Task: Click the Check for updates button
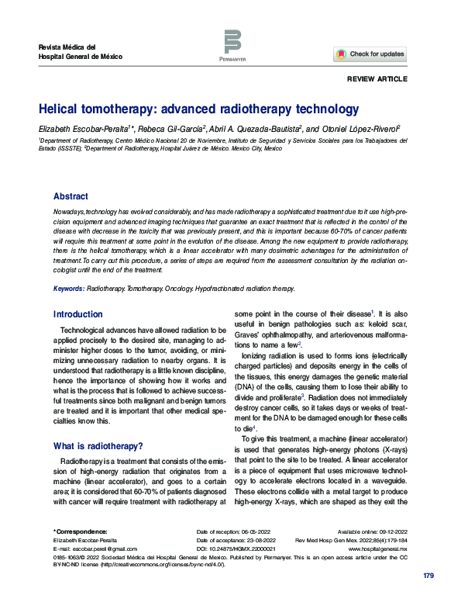click(370, 54)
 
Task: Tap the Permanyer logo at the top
click(232, 45)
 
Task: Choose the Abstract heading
click(71, 196)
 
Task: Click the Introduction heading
click(77, 314)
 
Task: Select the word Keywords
click(68, 288)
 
